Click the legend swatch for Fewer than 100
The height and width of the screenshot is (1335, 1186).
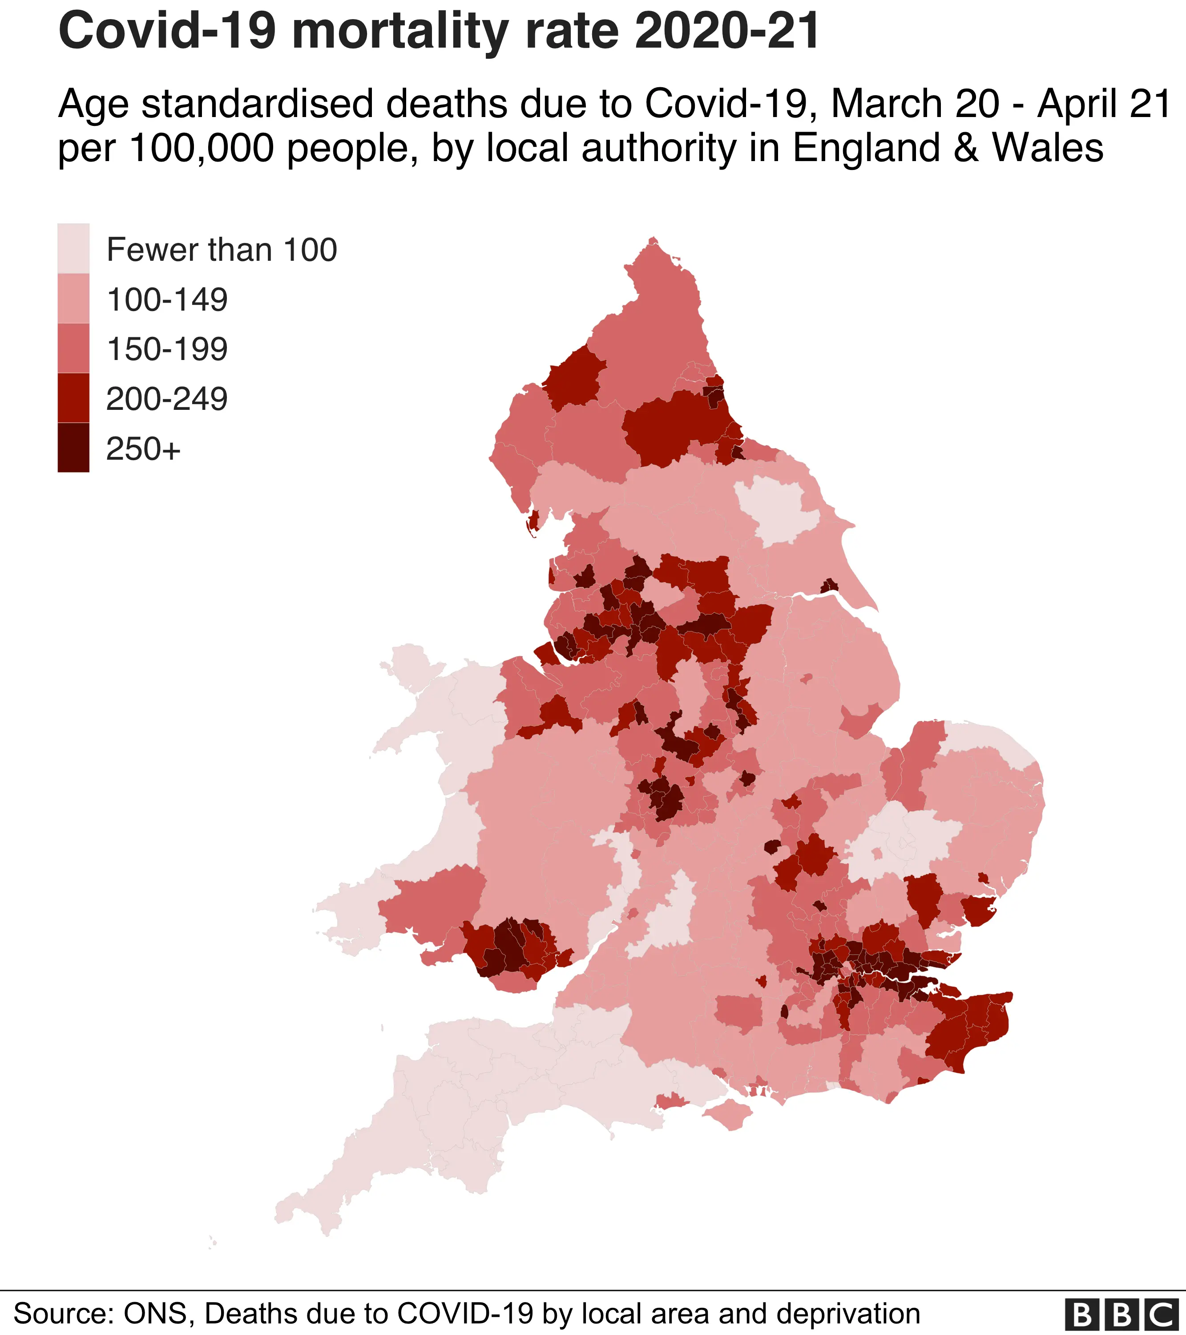click(73, 248)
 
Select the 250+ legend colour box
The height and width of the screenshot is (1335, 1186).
click(73, 447)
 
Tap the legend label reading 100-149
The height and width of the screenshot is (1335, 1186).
click(167, 300)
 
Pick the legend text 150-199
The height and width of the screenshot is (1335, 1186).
click(167, 349)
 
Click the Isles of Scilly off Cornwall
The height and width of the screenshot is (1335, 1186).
click(212, 1241)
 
